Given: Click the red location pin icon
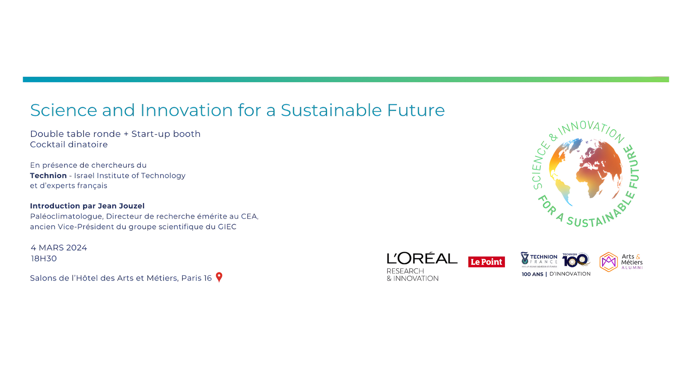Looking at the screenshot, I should pos(219,277).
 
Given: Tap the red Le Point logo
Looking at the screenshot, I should pos(486,262).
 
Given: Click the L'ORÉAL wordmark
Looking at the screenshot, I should pos(422,258).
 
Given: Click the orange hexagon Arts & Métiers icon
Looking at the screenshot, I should pos(608,262).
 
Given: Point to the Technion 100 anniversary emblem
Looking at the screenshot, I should pos(576,260).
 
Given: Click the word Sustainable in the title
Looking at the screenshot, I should pos(331,110).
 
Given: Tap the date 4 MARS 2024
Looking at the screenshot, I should pos(59,248).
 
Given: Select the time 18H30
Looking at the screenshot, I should pos(44,259).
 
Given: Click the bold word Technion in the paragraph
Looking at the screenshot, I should pos(48,176).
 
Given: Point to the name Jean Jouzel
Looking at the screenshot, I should pos(121,206).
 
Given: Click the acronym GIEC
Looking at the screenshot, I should pos(227,227).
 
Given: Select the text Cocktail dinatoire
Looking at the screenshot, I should pos(69,144).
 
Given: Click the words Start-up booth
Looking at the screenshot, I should pos(166,134).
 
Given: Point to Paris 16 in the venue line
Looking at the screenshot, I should pos(196,278).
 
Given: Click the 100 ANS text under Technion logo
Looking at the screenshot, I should pos(532,274).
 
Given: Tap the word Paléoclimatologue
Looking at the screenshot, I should pos(67,216).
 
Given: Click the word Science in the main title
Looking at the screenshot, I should pos(63,110).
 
